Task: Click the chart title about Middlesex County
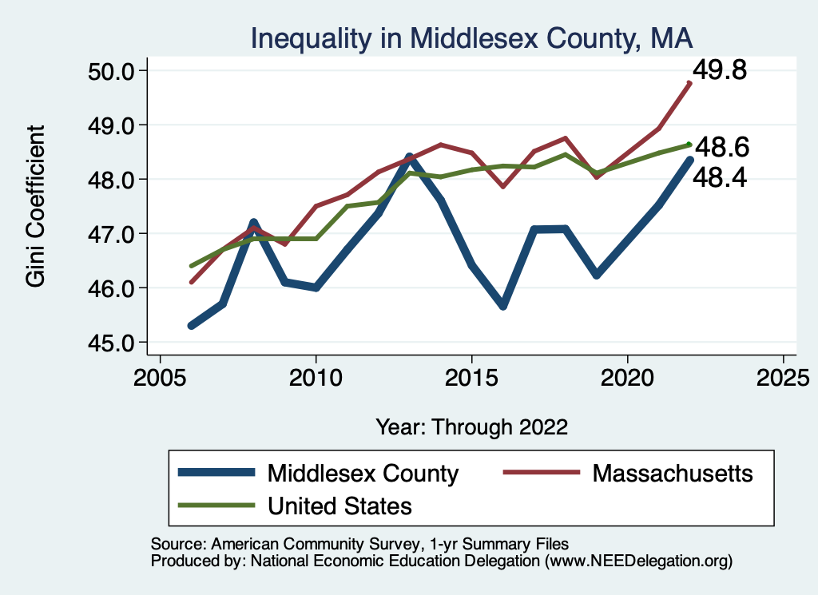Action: (471, 38)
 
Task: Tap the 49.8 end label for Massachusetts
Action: (719, 70)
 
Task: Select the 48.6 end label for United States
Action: (721, 148)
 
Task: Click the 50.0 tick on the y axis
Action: (109, 71)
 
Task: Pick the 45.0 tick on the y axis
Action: (109, 343)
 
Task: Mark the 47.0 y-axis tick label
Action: (109, 234)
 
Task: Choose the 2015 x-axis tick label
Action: (471, 376)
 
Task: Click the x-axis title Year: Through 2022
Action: (471, 426)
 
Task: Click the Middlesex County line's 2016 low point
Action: (503, 306)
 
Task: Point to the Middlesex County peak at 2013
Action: (409, 157)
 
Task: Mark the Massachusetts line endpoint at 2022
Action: (689, 82)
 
